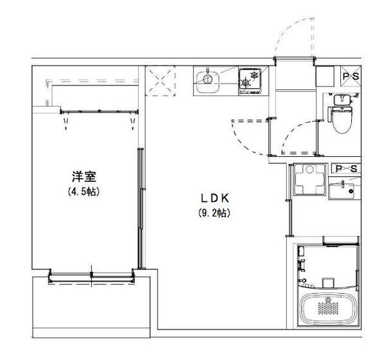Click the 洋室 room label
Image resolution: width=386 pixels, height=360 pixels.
pos(84,176)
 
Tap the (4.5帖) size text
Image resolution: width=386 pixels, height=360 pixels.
pos(84,191)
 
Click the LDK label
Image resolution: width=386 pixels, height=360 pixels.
pos(215,198)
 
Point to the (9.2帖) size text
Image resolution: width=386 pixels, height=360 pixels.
pos(214,213)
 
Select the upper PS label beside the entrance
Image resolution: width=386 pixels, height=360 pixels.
pos(351,76)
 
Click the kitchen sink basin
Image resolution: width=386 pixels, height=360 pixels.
pos(208,82)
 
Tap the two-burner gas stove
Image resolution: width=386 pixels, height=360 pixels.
pos(250,81)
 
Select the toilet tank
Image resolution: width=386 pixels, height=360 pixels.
pos(342,100)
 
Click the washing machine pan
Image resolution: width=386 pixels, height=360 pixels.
pos(309,179)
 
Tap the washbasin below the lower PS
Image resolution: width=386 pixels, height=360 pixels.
pos(342,190)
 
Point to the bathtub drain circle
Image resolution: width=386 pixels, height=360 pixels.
pos(327,300)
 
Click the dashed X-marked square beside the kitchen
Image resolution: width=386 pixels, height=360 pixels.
pos(160,81)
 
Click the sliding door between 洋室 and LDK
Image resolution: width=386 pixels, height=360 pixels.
pos(140,209)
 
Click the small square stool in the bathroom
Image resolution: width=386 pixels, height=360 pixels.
pos(328,282)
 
